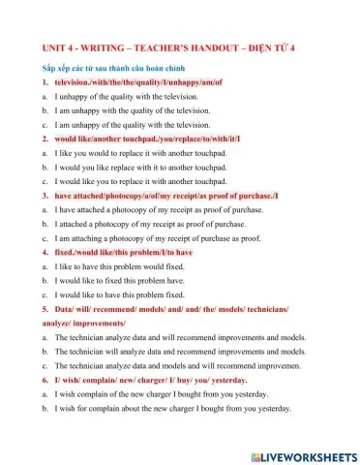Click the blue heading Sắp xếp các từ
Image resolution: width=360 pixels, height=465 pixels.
[106, 70]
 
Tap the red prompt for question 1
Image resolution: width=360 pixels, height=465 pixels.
[138, 83]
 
